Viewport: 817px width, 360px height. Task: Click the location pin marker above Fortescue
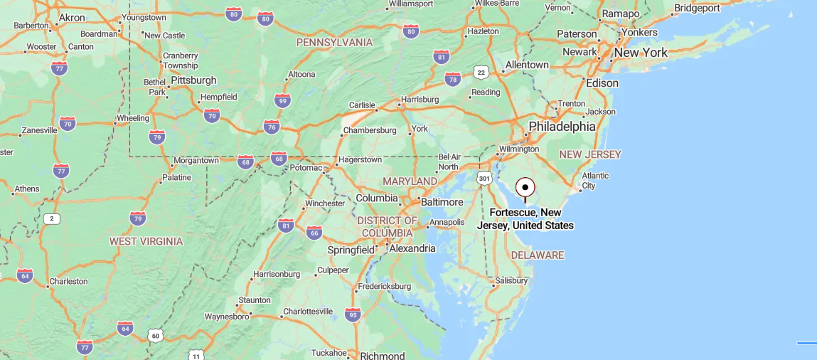point(525,188)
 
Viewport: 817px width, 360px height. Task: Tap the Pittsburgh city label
point(193,80)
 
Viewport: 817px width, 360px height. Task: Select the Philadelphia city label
point(562,127)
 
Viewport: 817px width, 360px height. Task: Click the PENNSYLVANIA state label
point(334,43)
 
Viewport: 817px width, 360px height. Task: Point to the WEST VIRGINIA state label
point(146,241)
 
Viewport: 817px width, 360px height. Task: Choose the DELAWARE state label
point(537,255)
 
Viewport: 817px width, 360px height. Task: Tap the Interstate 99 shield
point(282,101)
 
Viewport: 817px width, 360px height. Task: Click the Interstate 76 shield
point(272,127)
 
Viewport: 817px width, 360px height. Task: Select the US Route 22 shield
point(481,73)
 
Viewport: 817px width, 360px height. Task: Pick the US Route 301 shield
point(485,177)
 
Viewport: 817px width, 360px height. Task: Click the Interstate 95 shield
point(353,314)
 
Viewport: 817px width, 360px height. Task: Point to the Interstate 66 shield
point(314,232)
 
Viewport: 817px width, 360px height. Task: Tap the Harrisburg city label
point(420,100)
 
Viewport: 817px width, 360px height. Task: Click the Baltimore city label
point(442,202)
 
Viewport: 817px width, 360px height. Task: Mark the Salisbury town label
point(511,280)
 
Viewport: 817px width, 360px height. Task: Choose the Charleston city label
point(68,282)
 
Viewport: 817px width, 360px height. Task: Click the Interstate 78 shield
point(453,79)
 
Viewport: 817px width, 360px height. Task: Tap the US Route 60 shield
point(156,334)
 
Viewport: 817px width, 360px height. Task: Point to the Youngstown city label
point(144,17)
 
